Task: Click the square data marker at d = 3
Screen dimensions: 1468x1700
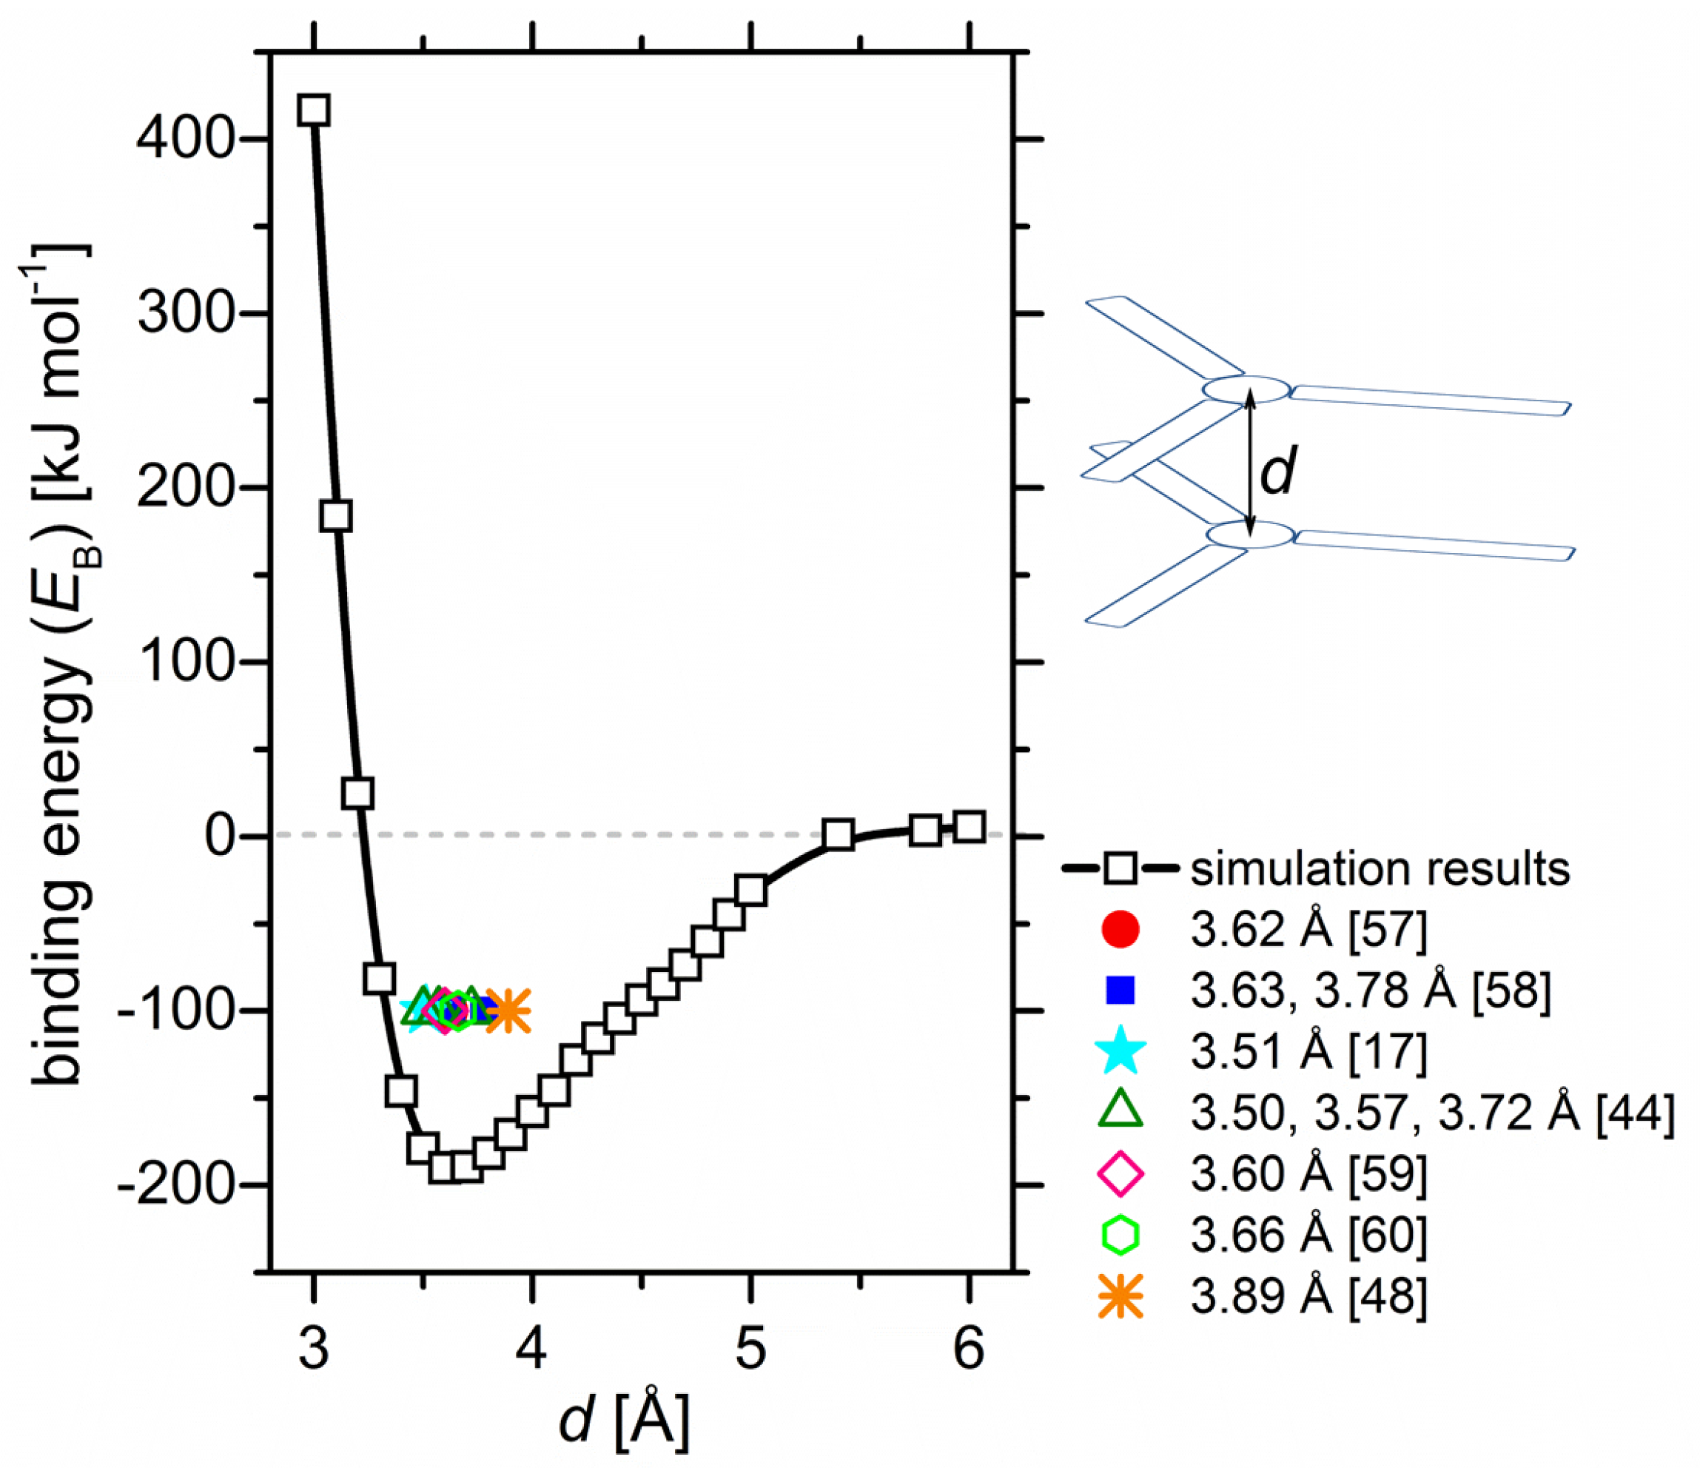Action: pos(315,110)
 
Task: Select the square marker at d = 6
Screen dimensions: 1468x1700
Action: pos(969,827)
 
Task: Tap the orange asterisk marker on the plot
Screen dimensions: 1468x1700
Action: pos(508,1011)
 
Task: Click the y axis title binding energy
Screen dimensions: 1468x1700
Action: pos(61,665)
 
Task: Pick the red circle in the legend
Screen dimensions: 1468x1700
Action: pos(1120,929)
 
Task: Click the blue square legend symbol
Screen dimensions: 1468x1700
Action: pos(1120,990)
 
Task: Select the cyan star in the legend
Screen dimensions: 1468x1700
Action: pos(1120,1053)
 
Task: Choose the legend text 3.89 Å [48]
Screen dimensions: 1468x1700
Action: pos(1308,1296)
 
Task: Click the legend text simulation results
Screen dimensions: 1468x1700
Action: pos(1380,869)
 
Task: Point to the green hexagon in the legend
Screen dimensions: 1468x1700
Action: pos(1120,1235)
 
